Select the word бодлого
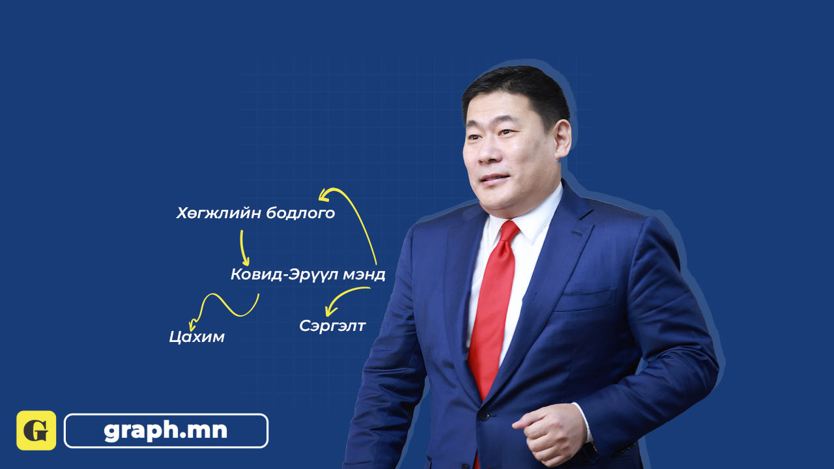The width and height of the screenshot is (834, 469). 300,213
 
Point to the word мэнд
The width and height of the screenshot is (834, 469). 364,275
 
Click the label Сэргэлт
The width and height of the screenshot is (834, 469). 332,326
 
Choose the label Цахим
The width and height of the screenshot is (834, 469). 197,337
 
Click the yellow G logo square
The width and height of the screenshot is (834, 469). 36,431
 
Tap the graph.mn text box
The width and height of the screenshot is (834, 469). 166,431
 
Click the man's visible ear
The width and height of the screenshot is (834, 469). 562,139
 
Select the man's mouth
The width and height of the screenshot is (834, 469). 495,179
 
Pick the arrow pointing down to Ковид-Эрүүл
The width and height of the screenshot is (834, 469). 244,248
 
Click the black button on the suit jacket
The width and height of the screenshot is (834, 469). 483,416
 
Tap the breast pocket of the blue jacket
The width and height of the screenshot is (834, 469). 586,298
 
